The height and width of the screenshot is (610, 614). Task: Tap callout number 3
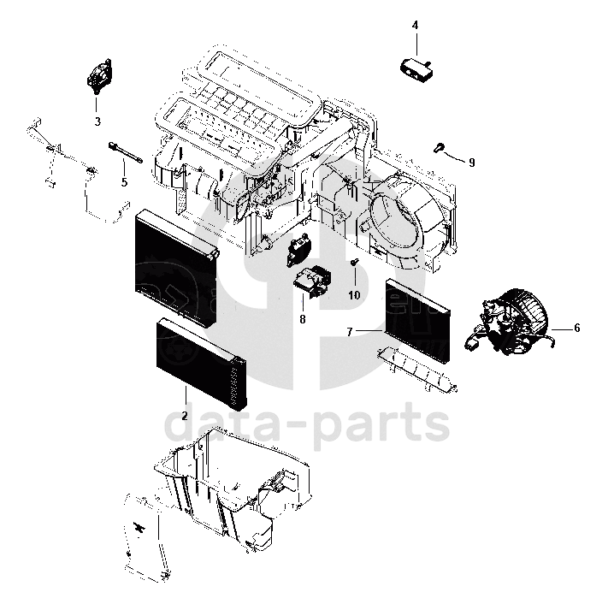coord(97,121)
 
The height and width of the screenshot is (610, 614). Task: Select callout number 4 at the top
coord(415,26)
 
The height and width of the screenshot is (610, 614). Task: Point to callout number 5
coord(124,182)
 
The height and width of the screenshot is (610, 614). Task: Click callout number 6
coord(576,328)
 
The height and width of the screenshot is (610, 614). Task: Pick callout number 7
coord(350,330)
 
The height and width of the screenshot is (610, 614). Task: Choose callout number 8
coord(303,319)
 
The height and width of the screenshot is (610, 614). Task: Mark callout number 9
coord(471,161)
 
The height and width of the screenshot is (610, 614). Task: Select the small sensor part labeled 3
coord(100,75)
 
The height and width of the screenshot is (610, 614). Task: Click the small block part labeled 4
coord(416,66)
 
